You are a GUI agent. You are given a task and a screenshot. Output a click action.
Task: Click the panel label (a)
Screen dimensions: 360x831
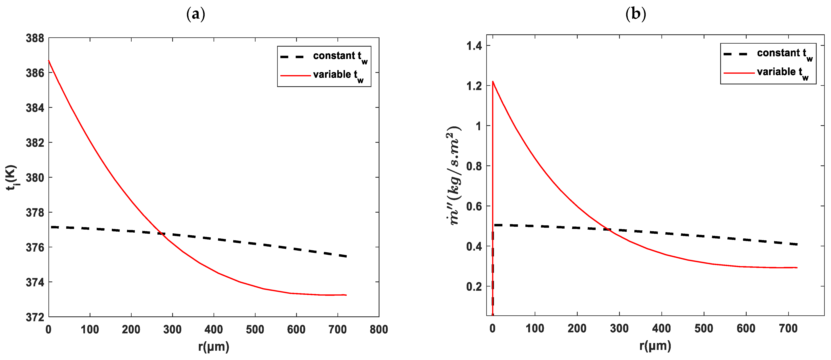click(196, 15)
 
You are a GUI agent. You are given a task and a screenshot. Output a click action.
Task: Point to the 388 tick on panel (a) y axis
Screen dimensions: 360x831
click(35, 38)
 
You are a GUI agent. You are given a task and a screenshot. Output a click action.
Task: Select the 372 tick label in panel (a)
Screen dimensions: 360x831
click(35, 317)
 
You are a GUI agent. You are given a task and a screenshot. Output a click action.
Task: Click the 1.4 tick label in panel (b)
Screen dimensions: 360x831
click(474, 46)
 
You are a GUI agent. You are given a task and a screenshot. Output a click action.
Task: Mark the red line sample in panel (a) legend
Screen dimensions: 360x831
click(295, 76)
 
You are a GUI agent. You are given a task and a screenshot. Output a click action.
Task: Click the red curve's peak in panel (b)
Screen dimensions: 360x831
click(493, 81)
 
